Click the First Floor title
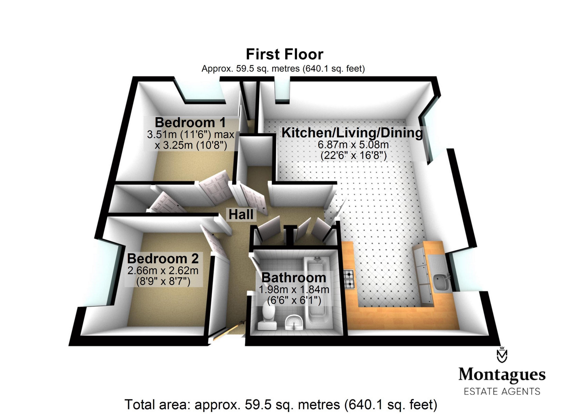[284, 54]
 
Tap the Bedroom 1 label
[190, 123]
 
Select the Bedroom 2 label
[163, 258]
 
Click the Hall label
[241, 214]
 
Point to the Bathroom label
[294, 278]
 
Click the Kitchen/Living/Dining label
[352, 133]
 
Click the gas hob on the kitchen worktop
[349, 279]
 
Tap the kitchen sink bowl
[440, 282]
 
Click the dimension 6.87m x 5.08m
[353, 145]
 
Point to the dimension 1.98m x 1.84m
[294, 289]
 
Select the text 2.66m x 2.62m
[163, 271]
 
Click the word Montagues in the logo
[502, 375]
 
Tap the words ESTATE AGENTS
[502, 391]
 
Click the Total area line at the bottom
[281, 404]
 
